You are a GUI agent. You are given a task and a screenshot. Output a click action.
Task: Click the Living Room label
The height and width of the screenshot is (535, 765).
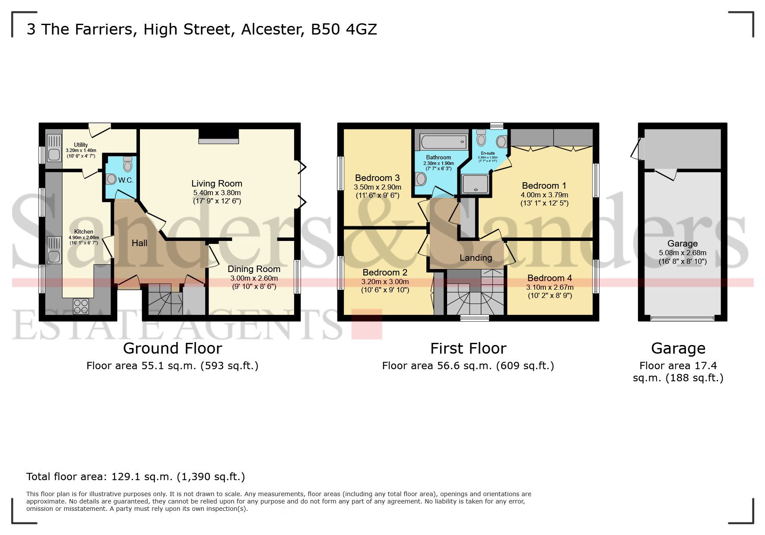pyautogui.click(x=216, y=184)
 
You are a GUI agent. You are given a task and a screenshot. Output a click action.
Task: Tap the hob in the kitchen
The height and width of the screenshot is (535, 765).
pyautogui.click(x=81, y=307)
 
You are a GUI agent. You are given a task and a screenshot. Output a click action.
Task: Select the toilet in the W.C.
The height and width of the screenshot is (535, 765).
pyautogui.click(x=127, y=165)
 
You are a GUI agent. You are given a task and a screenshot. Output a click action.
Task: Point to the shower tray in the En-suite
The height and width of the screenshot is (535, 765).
pyautogui.click(x=475, y=184)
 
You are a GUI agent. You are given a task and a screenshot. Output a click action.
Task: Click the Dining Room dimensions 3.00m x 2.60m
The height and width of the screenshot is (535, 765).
pyautogui.click(x=254, y=278)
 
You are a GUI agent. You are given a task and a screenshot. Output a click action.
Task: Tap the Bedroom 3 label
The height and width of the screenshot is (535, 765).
pyautogui.click(x=377, y=178)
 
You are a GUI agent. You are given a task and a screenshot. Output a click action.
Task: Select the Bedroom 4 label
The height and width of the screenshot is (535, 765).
pyautogui.click(x=549, y=278)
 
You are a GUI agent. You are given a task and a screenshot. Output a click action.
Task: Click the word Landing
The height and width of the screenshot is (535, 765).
pyautogui.click(x=476, y=258)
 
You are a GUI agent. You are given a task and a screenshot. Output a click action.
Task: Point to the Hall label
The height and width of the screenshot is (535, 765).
pyautogui.click(x=140, y=243)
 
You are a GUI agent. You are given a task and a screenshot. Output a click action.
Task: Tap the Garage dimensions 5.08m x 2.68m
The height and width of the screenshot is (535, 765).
pyautogui.click(x=682, y=253)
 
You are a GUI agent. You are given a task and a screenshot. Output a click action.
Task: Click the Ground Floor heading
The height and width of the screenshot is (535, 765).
pyautogui.click(x=172, y=348)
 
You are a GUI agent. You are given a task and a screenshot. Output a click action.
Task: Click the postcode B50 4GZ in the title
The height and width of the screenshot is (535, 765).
pyautogui.click(x=344, y=29)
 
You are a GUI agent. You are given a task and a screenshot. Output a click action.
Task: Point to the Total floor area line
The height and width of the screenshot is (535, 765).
pyautogui.click(x=135, y=477)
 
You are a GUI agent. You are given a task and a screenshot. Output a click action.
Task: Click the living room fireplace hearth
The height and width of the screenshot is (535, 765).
pyautogui.click(x=219, y=141)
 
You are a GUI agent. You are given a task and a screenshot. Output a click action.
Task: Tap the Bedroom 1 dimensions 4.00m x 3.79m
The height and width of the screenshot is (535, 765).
pyautogui.click(x=544, y=195)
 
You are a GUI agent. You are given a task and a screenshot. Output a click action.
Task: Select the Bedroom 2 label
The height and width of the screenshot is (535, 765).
pyautogui.click(x=384, y=272)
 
